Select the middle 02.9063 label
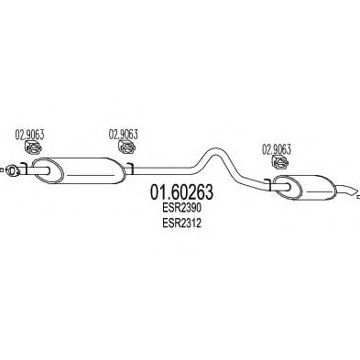124,133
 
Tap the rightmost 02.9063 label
278,147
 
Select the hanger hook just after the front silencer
132,167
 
